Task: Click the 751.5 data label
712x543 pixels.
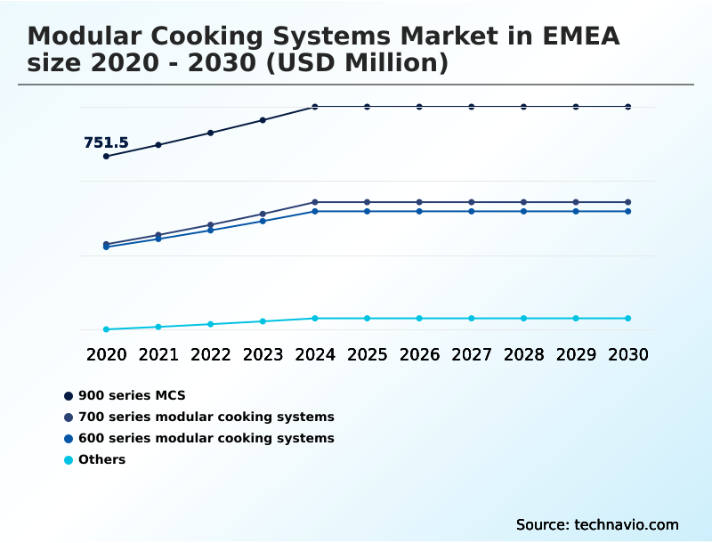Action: point(106,142)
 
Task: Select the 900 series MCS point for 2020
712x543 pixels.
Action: point(106,157)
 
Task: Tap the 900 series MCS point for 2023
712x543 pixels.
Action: point(263,120)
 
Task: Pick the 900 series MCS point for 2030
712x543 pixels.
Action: point(628,107)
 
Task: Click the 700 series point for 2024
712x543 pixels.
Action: point(315,202)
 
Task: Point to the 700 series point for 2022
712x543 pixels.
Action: point(210,225)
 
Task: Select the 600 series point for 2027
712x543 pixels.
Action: point(472,211)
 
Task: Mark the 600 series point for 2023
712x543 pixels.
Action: point(263,221)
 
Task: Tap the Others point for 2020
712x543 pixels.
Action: point(106,329)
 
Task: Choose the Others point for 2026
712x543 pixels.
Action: point(419,318)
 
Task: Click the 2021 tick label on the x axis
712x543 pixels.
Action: point(158,354)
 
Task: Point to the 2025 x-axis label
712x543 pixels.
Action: point(367,354)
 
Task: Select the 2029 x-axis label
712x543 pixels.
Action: point(576,354)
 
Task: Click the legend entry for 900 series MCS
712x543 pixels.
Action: point(132,395)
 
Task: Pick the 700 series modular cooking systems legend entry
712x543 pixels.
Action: point(206,417)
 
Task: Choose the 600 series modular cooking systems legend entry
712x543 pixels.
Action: point(206,438)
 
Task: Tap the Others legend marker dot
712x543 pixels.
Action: point(68,460)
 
